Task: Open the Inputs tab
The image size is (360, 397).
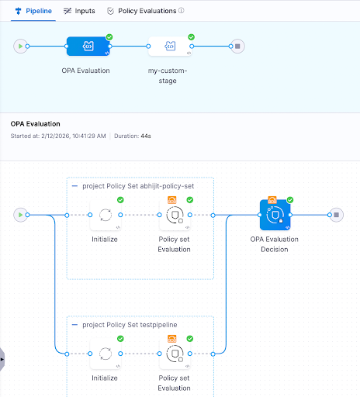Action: coord(80,11)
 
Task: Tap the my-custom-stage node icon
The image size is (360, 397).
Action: coord(169,47)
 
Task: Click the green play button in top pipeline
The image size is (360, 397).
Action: coord(19,47)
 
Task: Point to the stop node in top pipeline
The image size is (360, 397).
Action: coord(238,47)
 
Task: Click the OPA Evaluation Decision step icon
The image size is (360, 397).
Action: coord(272,215)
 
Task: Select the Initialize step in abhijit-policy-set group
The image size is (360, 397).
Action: coord(105,215)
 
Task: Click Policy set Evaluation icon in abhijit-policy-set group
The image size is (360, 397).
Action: coord(175,215)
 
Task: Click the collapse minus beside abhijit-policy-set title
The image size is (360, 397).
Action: coord(74,186)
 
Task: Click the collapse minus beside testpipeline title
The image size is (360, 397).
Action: coord(74,324)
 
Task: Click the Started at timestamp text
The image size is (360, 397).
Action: coord(63,136)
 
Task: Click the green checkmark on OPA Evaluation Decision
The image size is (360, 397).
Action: coord(289,200)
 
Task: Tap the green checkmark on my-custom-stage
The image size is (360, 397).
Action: coord(191,36)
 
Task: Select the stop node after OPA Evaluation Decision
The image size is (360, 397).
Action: coord(335,215)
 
